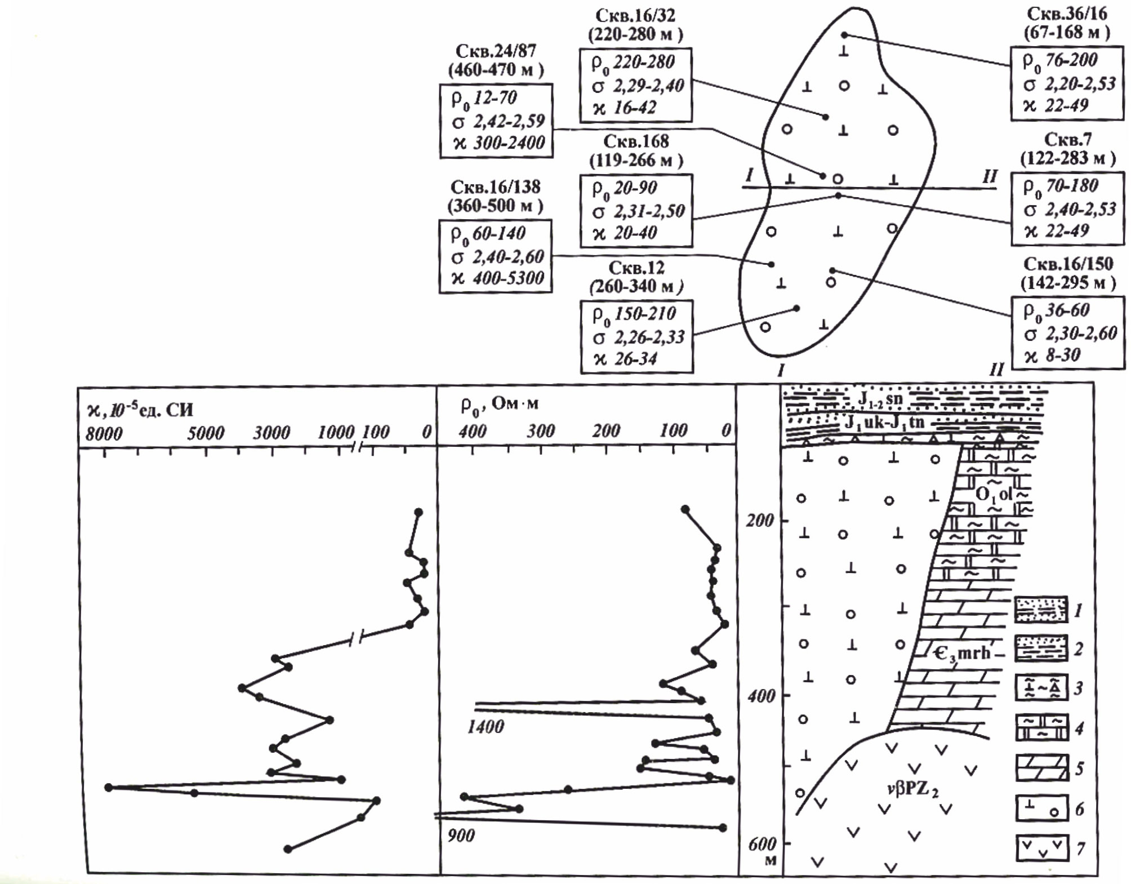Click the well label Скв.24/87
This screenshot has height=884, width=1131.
coord(496,51)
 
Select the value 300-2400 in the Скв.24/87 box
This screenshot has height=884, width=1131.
coord(509,143)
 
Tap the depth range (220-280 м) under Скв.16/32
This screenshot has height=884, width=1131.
coord(635,34)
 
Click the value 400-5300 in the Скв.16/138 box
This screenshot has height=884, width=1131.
coord(508,278)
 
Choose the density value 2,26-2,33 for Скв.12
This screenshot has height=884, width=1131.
coord(649,337)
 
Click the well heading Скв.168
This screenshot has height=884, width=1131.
coord(636,141)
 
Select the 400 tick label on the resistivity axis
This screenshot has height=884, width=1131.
coord(472,431)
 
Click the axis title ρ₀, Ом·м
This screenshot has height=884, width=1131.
coord(499,404)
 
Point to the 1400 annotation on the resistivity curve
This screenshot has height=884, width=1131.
coord(486,726)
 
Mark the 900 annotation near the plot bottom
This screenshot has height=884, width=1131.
coord(461,835)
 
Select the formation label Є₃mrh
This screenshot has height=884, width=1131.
coord(961,653)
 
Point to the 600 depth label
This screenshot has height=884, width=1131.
coord(762,843)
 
